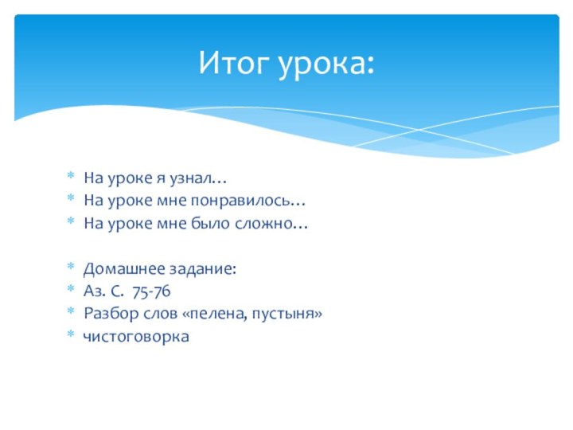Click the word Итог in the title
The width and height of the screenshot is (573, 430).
pos(234,62)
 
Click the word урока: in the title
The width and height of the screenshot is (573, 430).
pos(326,64)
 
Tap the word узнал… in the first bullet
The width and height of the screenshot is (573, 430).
pos(201,178)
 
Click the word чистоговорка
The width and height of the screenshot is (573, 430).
pos(136,337)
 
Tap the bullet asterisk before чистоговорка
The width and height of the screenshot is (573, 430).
pos(70,337)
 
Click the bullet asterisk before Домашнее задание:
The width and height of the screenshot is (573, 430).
pos(70,270)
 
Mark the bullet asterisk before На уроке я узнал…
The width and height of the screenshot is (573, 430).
pos(70,177)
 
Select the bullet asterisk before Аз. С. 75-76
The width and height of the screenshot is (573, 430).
pos(70,292)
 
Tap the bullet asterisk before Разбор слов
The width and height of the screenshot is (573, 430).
pos(70,315)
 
